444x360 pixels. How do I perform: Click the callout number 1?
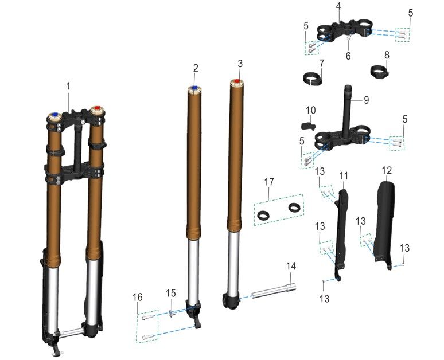click(68, 87)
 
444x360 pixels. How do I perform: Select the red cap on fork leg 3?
click(237, 81)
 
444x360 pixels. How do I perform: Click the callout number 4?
click(338, 6)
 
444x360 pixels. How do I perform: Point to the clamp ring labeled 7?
click(312, 79)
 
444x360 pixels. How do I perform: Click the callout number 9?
click(367, 100)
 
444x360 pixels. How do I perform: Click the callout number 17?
click(269, 182)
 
